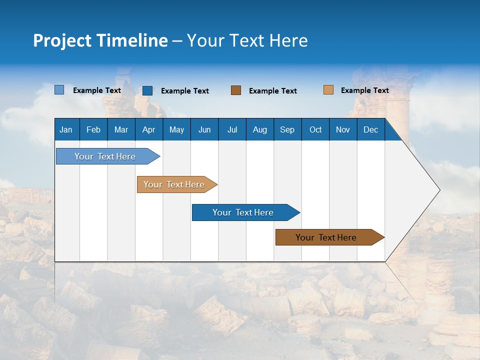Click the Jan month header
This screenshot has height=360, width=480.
[x=66, y=129]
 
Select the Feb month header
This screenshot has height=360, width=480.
[x=93, y=129]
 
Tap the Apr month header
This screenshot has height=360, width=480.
[x=149, y=129]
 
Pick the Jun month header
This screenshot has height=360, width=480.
[x=204, y=129]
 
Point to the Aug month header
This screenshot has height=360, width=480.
[x=260, y=129]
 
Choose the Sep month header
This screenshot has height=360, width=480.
[x=287, y=129]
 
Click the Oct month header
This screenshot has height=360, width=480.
[x=315, y=129]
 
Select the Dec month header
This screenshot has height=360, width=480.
[x=371, y=129]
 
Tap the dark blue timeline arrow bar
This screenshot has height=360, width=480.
[x=243, y=212]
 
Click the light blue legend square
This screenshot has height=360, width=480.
[x=59, y=90]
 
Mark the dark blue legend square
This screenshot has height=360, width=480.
[x=147, y=90]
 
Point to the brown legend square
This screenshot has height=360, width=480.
[x=236, y=90]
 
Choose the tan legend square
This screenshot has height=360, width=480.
[x=328, y=90]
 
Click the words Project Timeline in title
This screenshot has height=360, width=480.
[x=100, y=40]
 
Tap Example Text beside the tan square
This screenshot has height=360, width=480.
[x=364, y=90]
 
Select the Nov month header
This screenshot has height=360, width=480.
[x=343, y=129]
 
